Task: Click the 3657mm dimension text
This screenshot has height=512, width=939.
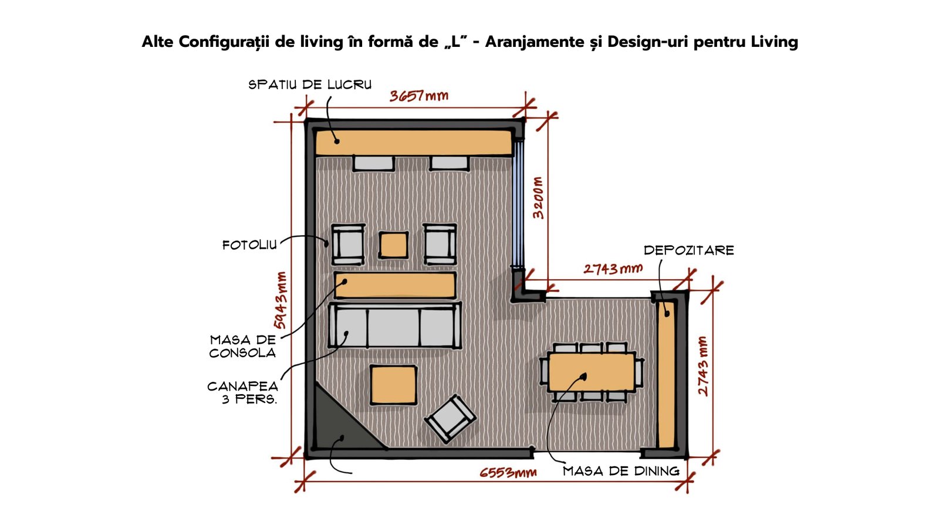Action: click(419, 96)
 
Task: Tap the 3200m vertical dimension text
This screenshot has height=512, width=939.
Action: click(538, 198)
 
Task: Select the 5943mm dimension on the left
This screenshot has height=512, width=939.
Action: click(280, 300)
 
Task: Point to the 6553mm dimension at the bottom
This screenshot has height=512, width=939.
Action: click(508, 473)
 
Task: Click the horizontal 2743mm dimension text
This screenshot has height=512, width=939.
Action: click(613, 269)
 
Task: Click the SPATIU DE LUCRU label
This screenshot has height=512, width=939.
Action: click(310, 84)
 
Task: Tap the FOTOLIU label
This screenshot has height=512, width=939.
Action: click(249, 245)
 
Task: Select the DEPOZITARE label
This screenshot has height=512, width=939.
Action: click(689, 250)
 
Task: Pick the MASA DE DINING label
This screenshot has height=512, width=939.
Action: click(621, 472)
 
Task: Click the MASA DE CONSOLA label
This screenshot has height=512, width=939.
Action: click(243, 347)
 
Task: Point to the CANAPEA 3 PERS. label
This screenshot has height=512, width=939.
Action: click(243, 392)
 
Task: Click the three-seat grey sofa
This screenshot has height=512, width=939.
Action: click(394, 325)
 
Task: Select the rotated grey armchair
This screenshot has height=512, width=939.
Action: click(450, 419)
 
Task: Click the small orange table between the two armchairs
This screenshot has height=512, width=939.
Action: click(393, 245)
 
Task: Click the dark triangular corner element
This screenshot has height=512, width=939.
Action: click(342, 423)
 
